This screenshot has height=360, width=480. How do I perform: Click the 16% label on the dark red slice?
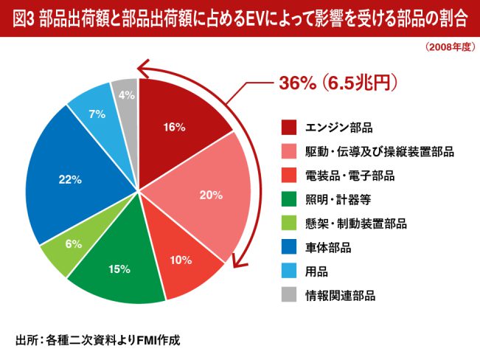pyautogui.click(x=174, y=127)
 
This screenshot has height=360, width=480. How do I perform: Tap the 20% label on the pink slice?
pyautogui.click(x=211, y=195)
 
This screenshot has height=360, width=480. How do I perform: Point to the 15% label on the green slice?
pyautogui.click(x=119, y=269)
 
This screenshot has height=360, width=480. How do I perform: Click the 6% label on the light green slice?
pyautogui.click(x=73, y=244)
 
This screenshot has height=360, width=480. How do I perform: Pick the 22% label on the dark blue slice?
pyautogui.click(x=70, y=179)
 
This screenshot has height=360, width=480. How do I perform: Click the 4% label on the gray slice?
pyautogui.click(x=125, y=95)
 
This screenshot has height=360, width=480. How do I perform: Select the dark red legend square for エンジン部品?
pyautogui.click(x=289, y=128)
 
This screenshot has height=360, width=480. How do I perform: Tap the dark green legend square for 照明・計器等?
pyautogui.click(x=289, y=199)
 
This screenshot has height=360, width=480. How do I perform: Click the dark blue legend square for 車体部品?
pyautogui.click(x=289, y=247)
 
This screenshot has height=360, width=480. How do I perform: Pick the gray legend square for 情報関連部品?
pyautogui.click(x=289, y=294)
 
